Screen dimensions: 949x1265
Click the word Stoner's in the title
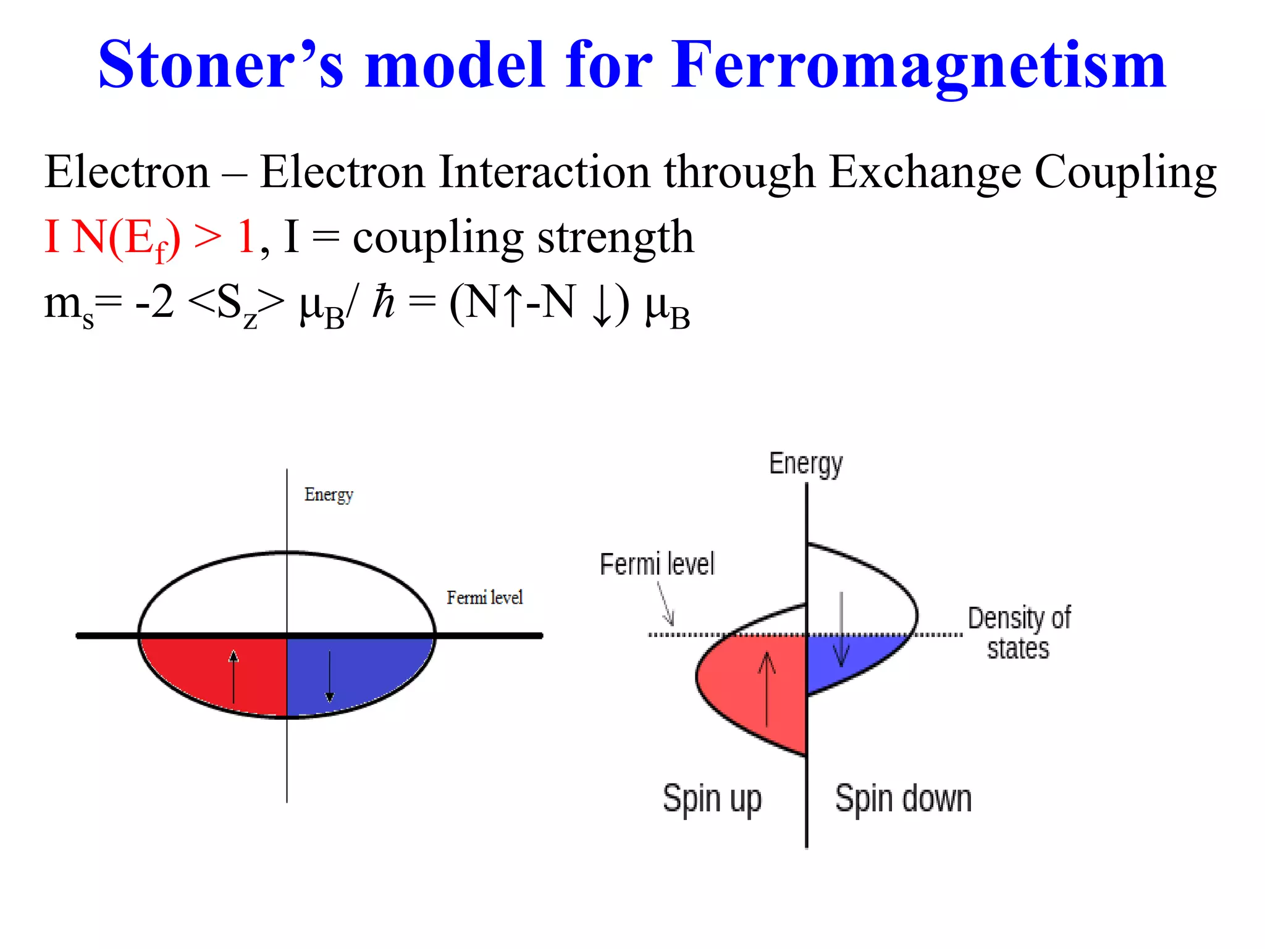[221, 65]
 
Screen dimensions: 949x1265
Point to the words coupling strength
[523, 238]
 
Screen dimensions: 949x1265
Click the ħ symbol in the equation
[383, 303]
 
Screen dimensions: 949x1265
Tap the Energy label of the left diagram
[329, 495]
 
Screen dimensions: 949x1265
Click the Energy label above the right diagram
[805, 463]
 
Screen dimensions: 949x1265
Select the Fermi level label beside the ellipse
[484, 597]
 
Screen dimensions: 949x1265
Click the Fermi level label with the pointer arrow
[657, 564]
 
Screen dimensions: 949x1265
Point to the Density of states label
[1019, 633]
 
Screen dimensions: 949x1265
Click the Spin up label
[712, 799]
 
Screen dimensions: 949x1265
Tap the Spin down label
[903, 799]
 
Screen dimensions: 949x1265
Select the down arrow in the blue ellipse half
[330, 677]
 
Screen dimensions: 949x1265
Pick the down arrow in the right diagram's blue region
[841, 630]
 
